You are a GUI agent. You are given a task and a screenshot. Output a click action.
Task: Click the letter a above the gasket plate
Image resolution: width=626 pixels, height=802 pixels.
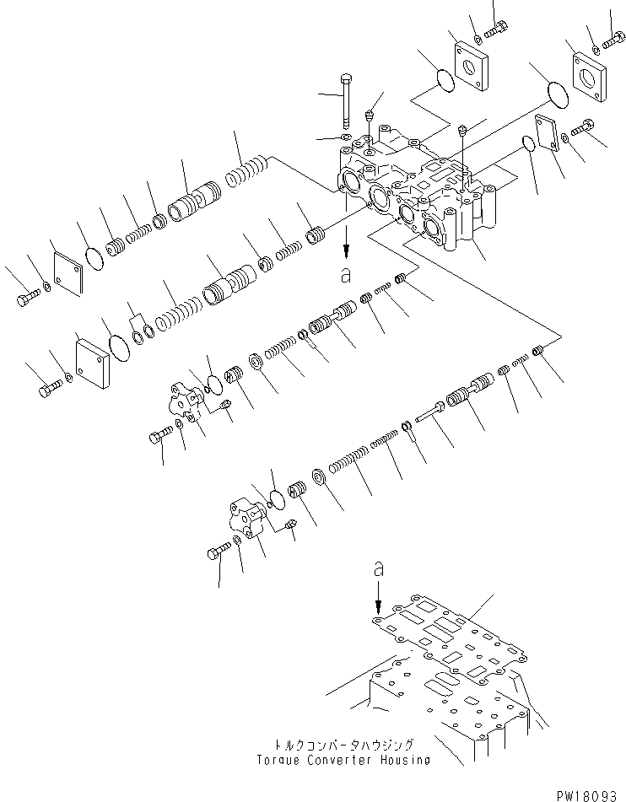point(379,571)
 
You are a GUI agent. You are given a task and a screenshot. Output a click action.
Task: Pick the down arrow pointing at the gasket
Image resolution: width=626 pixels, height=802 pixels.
point(379,600)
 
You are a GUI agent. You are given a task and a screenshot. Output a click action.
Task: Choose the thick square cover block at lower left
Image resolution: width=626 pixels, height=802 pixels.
point(93,361)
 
